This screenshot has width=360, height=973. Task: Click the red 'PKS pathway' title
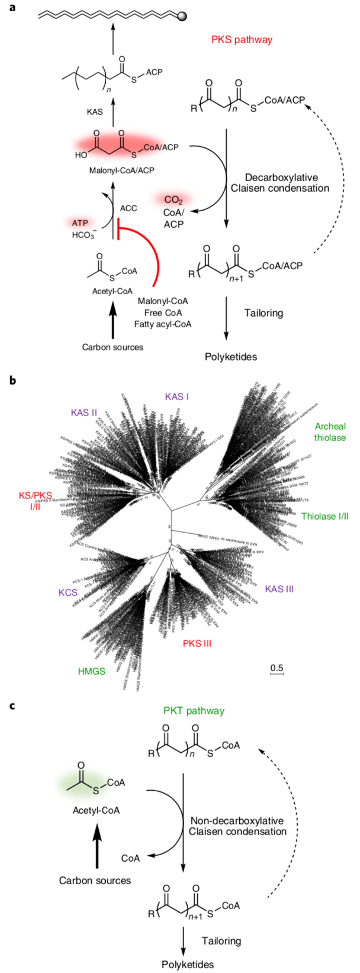242,40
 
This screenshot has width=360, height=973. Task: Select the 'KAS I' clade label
177,397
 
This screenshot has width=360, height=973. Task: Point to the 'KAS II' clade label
84,413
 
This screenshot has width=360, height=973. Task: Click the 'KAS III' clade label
279,588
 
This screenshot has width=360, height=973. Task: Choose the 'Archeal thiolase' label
330,431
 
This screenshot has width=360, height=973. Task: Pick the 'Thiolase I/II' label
324,516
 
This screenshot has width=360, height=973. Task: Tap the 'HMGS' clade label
92,671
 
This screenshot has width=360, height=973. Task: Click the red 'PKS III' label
197,643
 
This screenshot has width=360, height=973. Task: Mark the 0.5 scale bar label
277,668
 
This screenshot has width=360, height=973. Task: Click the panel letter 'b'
13,381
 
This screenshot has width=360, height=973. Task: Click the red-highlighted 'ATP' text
80,223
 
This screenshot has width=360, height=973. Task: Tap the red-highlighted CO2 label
173,200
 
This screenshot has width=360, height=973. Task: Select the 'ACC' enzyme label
128,209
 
